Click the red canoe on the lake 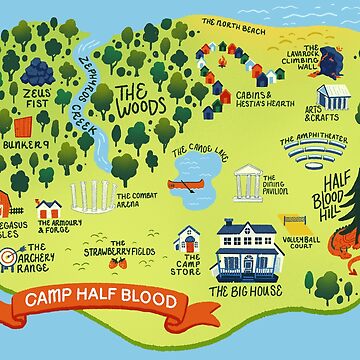[x=184, y=184]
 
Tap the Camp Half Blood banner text [x=100, y=301]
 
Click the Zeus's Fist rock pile [x=37, y=73]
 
